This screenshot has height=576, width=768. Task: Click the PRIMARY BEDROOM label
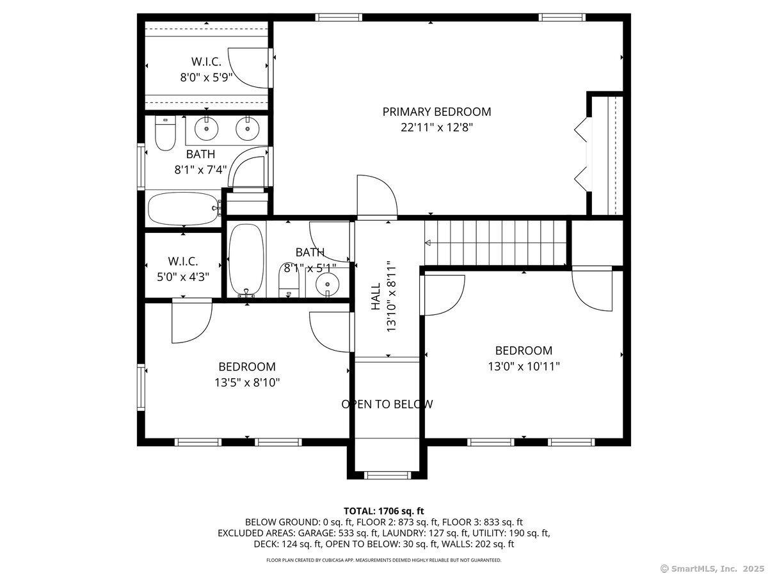[x=436, y=112]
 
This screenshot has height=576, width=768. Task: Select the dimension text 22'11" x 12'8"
[x=436, y=127]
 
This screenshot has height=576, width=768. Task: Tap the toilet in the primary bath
[x=165, y=134]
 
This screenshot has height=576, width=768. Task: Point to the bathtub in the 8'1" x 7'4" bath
[x=182, y=208]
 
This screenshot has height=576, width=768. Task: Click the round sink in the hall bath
[x=327, y=282]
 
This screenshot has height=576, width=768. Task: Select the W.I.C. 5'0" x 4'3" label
[x=183, y=261]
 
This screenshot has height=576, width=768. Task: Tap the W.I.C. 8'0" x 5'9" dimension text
[x=205, y=77]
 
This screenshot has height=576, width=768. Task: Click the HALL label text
[x=376, y=298]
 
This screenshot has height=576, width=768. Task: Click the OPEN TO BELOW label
[x=387, y=404]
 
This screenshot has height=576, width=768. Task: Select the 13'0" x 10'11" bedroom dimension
[x=524, y=367]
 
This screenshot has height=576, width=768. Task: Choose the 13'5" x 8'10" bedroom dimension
[x=247, y=383]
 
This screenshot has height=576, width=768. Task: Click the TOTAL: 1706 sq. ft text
[x=383, y=511]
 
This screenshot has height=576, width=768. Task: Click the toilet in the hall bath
[x=290, y=282]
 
